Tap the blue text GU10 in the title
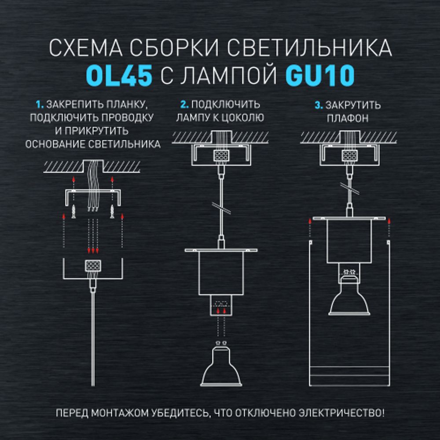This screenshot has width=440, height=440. pos(320,76)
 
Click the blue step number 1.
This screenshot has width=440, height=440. pos(40,106)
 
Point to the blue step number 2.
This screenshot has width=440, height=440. pos(184,106)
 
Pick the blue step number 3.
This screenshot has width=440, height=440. pos(318,106)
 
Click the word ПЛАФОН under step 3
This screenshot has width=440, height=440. pos(348,118)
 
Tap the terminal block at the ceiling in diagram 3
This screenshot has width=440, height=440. pos(349,156)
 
